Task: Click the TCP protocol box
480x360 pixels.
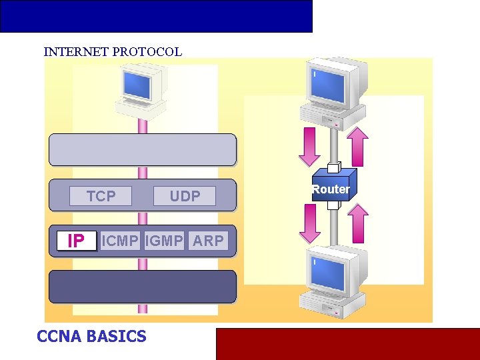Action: [101, 196]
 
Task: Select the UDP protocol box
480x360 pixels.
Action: [185, 196]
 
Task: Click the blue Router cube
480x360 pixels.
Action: [331, 186]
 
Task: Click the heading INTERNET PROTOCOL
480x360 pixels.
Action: [113, 52]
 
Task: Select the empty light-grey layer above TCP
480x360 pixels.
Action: [143, 149]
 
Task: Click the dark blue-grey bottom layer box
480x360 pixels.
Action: [143, 287]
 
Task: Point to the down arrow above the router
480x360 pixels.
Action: [309, 147]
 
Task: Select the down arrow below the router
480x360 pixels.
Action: [309, 223]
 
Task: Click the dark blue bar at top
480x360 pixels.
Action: [156, 16]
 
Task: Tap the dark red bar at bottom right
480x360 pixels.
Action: [347, 344]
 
